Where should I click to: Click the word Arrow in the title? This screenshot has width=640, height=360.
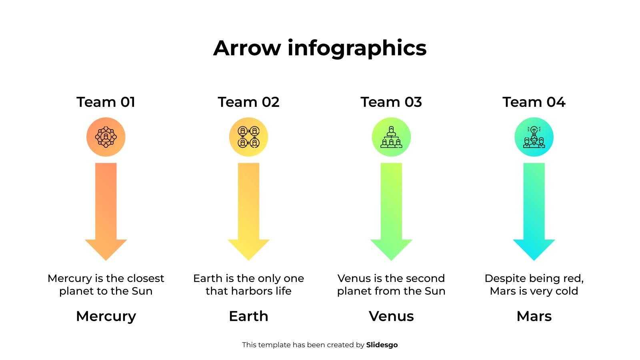tap(247, 48)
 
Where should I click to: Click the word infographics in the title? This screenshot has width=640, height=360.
tap(357, 48)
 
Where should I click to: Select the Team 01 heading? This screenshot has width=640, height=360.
tap(106, 102)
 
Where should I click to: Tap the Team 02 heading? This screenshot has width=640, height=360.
tap(248, 102)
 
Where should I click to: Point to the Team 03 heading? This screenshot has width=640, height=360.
tap(391, 102)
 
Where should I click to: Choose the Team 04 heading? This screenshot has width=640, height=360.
tap(534, 102)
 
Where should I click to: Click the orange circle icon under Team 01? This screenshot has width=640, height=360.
tap(106, 137)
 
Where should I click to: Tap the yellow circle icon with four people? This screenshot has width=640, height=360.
tap(248, 137)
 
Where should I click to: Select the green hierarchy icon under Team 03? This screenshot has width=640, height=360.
tap(391, 137)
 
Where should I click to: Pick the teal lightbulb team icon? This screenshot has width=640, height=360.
tap(534, 137)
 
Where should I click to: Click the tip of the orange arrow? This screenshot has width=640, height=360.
tap(106, 260)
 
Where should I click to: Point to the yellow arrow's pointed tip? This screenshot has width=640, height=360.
tap(248, 260)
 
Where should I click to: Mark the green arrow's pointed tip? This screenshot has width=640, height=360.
tap(391, 260)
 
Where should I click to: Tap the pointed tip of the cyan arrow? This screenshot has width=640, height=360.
tap(534, 260)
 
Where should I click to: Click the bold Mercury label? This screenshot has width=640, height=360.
tap(106, 316)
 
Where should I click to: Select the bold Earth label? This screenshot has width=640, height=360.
tap(248, 316)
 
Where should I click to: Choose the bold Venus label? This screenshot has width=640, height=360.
tap(391, 316)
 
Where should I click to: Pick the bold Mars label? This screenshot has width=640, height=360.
tap(534, 316)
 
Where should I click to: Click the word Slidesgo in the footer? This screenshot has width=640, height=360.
tap(382, 345)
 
